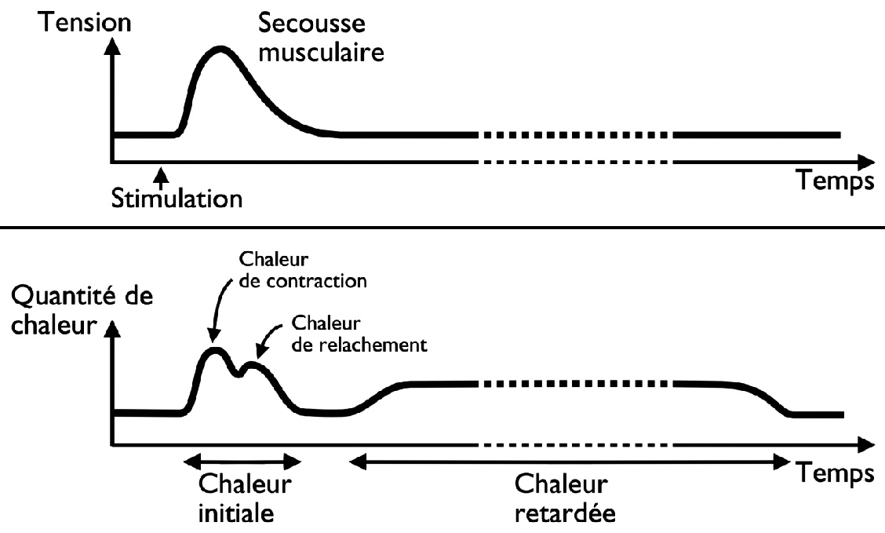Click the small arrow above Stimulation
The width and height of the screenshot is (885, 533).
(x=160, y=173)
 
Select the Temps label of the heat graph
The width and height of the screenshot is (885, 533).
(x=837, y=473)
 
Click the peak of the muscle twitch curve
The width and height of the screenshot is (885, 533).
(x=221, y=50)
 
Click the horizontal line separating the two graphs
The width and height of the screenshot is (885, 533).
(x=442, y=227)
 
